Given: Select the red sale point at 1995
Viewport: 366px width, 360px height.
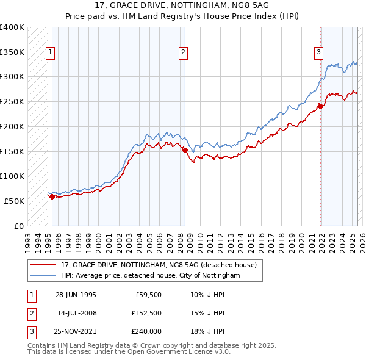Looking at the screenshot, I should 52,196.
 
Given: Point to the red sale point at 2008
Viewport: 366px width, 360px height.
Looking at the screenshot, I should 185,150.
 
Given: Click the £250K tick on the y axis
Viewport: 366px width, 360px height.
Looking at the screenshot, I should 12,101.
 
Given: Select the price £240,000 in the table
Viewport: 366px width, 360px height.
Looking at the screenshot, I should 146,331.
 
